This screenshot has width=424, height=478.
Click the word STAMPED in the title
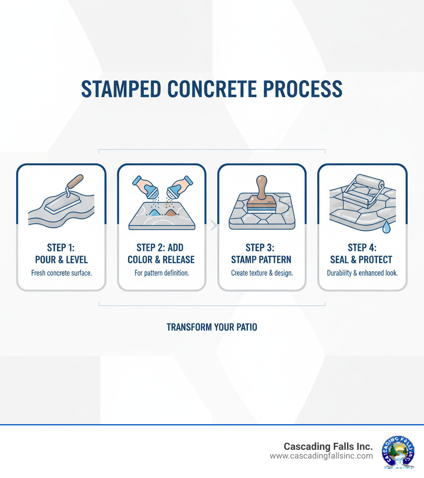[x=121, y=89]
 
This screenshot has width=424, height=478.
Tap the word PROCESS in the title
[x=303, y=89]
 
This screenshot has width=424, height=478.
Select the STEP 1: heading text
[x=60, y=247]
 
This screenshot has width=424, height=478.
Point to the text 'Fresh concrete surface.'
[x=61, y=273]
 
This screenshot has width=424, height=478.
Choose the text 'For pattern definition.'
[x=161, y=273]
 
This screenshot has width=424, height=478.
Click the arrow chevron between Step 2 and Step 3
[x=214, y=226]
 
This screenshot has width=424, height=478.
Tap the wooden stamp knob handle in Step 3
[x=262, y=186]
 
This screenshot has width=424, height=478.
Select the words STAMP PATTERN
[x=261, y=260]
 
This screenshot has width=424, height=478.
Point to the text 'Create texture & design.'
[x=262, y=273]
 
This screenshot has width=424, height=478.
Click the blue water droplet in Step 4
[x=386, y=227]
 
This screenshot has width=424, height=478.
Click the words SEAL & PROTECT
[x=361, y=260]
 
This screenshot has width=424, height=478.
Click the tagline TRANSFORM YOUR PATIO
[x=212, y=327]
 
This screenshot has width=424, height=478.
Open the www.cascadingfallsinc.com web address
[x=321, y=456]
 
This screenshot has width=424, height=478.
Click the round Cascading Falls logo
[x=398, y=452]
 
